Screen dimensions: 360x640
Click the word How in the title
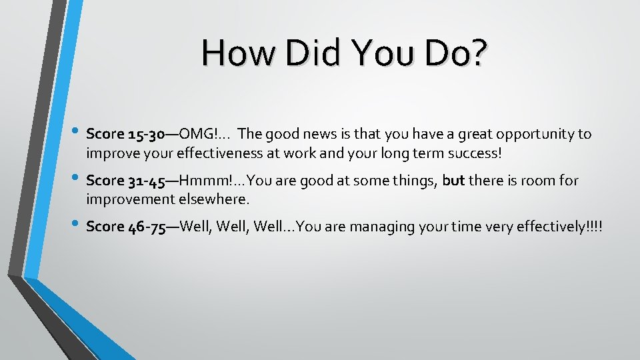pos(238,53)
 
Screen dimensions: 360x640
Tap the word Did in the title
pos(311,53)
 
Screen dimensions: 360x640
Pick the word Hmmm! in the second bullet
pos(202,181)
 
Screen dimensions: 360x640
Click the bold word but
pos(453,181)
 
